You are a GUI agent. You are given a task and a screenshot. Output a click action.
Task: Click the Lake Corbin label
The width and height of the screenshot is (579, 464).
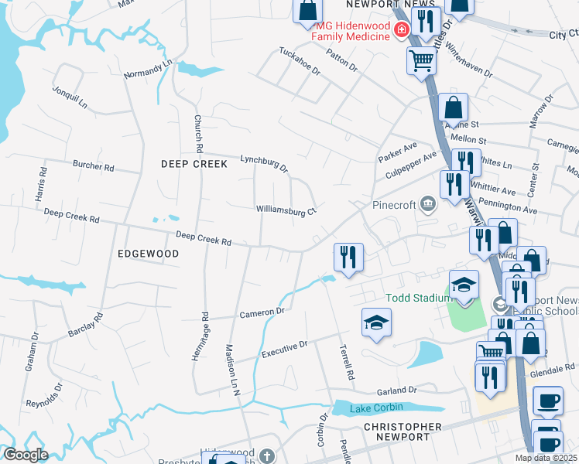(x=365, y=409)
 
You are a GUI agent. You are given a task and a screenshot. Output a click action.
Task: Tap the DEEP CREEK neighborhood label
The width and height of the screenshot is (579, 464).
(x=194, y=164)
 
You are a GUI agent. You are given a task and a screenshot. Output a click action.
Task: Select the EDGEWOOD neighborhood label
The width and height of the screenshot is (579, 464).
(x=148, y=254)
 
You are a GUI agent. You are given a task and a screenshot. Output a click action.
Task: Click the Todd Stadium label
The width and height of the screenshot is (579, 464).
(x=419, y=299)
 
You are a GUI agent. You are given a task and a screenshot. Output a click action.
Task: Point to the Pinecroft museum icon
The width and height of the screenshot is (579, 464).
(x=428, y=204)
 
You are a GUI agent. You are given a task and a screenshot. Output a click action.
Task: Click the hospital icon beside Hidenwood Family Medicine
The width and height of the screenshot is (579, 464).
(x=401, y=30)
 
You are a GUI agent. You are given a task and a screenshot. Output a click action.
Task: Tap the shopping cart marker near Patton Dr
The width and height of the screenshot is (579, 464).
(x=421, y=60)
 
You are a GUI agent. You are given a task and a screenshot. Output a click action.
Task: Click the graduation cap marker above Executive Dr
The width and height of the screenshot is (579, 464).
(x=376, y=322)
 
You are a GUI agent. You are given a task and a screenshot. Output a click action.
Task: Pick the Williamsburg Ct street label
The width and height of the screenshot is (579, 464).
(x=287, y=210)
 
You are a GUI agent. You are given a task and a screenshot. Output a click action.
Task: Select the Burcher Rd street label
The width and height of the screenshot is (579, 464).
(x=93, y=166)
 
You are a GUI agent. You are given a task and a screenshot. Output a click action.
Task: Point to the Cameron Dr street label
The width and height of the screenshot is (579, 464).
(x=262, y=313)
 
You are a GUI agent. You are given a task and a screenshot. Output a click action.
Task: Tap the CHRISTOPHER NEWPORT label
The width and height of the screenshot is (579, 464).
(x=403, y=432)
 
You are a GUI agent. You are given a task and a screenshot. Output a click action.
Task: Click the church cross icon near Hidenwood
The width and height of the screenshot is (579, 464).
(x=267, y=455)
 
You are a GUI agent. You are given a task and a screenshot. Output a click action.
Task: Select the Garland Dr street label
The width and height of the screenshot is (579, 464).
(x=397, y=391)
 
